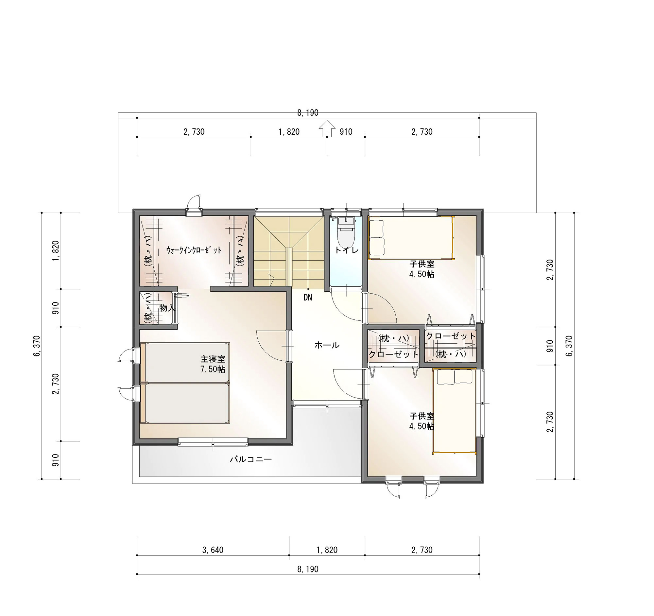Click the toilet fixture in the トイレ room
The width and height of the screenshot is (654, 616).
(x=346, y=232)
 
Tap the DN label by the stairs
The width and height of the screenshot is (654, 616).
(x=308, y=298)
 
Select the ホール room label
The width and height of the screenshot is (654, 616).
(x=327, y=345)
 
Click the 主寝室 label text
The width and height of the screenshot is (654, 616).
(x=213, y=359)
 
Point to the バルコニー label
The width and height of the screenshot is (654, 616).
(x=251, y=459)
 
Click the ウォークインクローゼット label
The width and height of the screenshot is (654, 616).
(x=194, y=250)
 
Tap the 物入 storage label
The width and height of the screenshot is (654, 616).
(x=167, y=308)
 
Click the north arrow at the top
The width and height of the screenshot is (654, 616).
(x=327, y=128)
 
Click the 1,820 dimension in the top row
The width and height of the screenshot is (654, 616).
(x=289, y=132)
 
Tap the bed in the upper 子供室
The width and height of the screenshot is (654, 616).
(x=411, y=238)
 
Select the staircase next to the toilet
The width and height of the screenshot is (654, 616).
(x=289, y=251)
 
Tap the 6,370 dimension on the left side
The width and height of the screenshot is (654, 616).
(x=37, y=346)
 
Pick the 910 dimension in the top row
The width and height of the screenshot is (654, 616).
(x=346, y=132)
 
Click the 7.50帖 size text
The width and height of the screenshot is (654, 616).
(x=213, y=369)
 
